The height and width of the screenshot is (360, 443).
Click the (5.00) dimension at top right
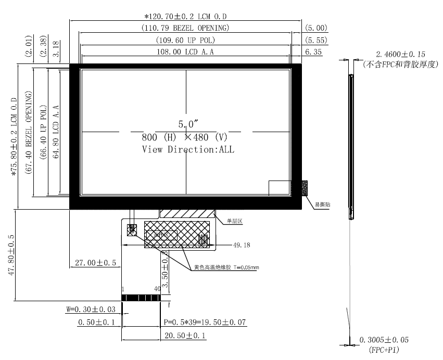click(316, 28)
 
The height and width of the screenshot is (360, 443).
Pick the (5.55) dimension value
click(316, 40)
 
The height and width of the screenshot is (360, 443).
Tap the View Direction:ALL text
click(188, 149)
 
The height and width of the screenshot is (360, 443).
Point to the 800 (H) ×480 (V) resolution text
click(185, 138)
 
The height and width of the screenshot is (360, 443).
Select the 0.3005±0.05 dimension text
click(384, 340)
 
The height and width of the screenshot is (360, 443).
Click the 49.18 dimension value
click(241, 245)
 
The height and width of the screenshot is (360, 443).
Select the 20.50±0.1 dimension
click(185, 337)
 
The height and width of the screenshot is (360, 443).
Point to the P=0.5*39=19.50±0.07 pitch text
click(205, 323)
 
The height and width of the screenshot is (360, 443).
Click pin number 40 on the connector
click(157, 289)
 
